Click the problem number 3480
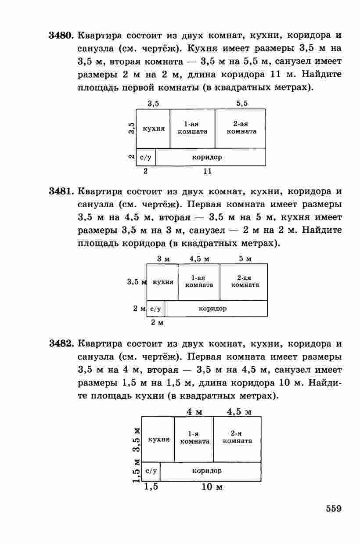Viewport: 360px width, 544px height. (x=61, y=36)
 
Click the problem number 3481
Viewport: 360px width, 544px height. (x=61, y=191)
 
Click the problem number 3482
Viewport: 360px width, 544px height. (x=61, y=344)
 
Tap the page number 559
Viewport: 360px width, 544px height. (x=334, y=508)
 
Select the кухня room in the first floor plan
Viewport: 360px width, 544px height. (x=153, y=129)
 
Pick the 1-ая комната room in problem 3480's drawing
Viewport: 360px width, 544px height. (x=192, y=129)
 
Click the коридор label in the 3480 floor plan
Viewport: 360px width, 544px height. (x=207, y=157)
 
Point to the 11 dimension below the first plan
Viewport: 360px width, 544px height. (x=207, y=171)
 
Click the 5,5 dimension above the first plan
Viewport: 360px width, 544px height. (x=242, y=104)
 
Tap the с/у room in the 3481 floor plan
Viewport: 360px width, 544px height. (x=156, y=309)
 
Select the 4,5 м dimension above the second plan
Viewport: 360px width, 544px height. (x=199, y=259)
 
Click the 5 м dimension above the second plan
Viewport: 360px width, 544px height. (x=245, y=259)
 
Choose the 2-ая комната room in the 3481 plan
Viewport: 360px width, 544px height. (x=244, y=282)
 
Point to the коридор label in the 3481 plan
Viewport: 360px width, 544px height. (x=213, y=309)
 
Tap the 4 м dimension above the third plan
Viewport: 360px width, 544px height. (x=194, y=412)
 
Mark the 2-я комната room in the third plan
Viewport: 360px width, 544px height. (x=238, y=440)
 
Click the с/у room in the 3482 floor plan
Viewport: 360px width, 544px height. (x=151, y=472)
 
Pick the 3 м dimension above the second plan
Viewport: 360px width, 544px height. (x=163, y=259)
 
